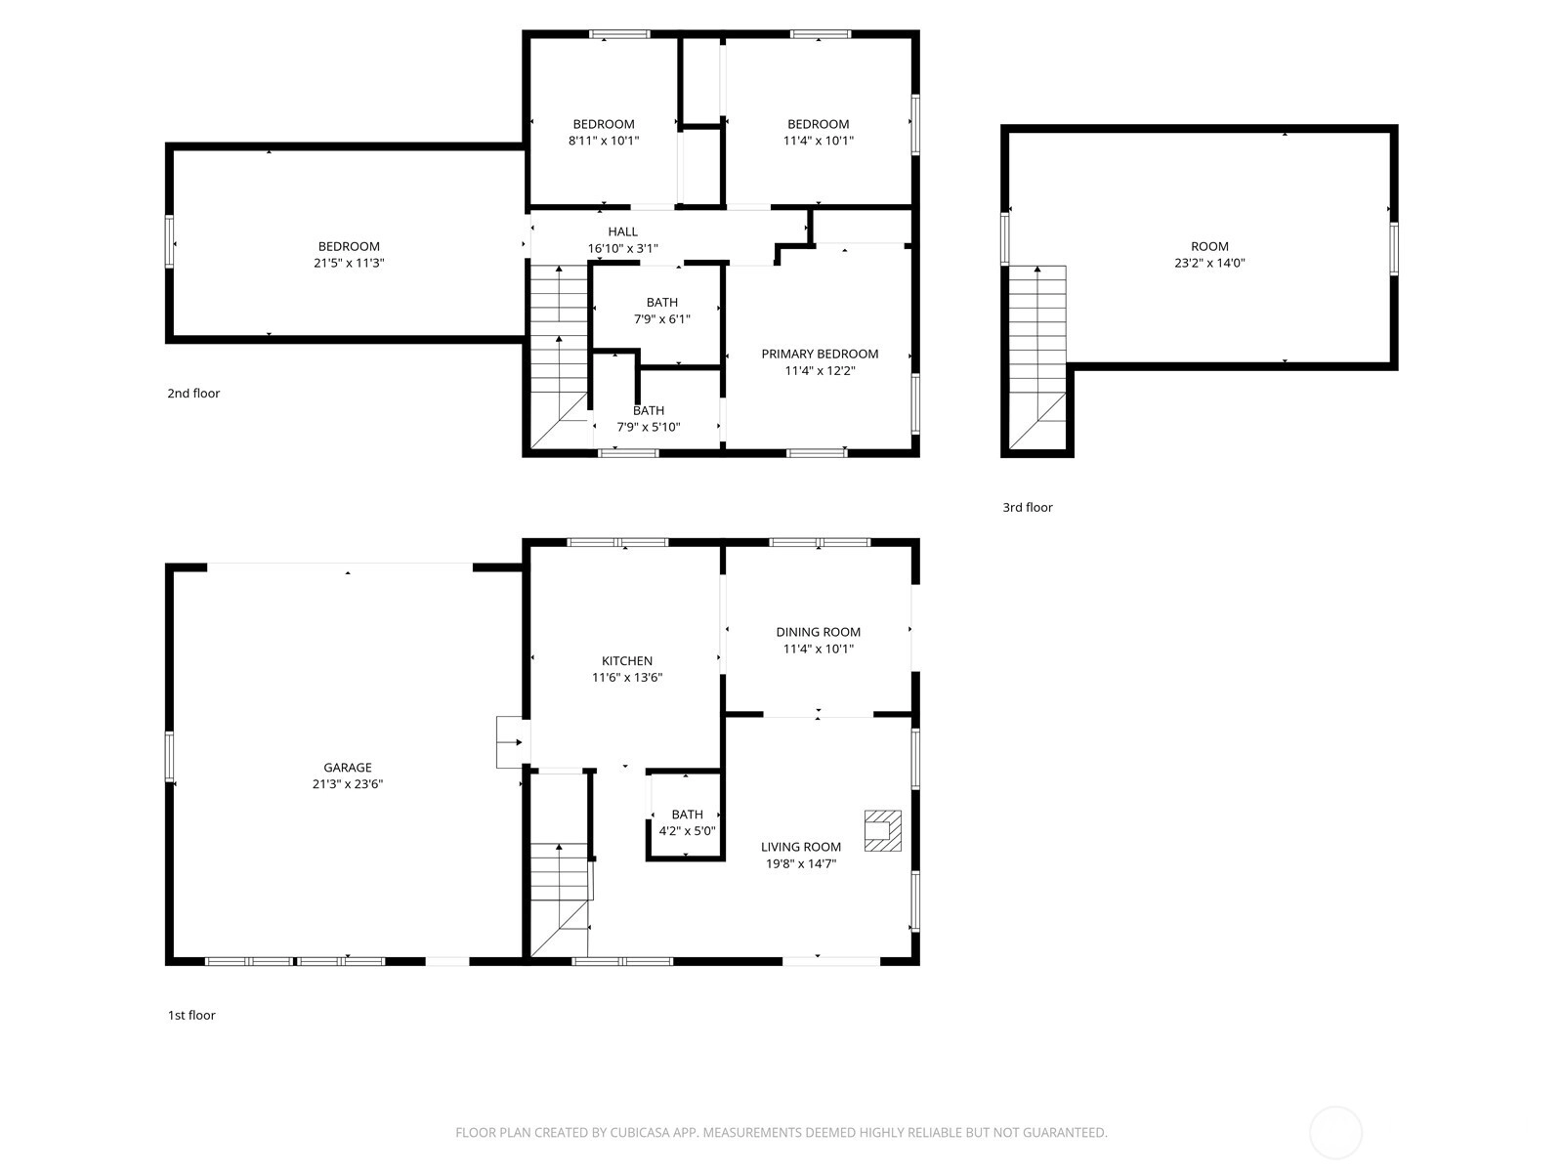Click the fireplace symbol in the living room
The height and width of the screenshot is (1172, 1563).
[882, 830]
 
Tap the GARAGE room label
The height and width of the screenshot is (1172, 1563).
[348, 767]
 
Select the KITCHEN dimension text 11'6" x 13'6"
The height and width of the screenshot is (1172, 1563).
[626, 678]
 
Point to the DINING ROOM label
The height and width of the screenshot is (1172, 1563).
[819, 632]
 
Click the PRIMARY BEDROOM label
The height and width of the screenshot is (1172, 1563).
[820, 354]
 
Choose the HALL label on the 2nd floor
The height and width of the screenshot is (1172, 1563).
[622, 231]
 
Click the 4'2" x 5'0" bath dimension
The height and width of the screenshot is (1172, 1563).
[687, 830]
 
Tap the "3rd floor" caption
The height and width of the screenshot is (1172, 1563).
[1028, 507]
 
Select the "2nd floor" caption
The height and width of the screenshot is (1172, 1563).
[193, 393]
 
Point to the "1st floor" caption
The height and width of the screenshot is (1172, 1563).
[191, 1015]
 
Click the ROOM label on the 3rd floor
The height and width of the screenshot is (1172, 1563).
[1209, 246]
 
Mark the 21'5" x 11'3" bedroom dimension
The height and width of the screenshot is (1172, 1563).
[349, 263]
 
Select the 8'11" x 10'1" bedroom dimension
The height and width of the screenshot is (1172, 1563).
[604, 141]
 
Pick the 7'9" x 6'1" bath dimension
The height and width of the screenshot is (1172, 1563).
[662, 318]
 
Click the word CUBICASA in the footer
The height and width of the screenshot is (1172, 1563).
[640, 1132]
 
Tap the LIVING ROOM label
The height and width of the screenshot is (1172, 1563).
[801, 847]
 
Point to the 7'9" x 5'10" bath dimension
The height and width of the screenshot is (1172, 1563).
[649, 427]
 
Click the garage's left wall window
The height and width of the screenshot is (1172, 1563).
[169, 757]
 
